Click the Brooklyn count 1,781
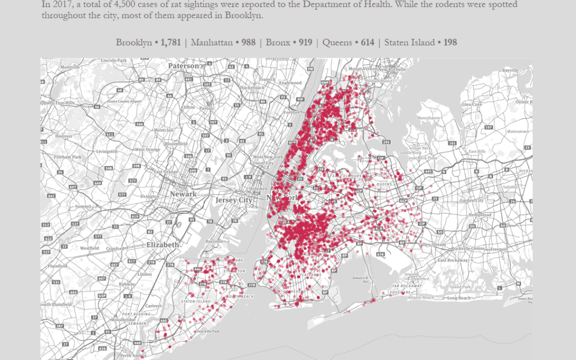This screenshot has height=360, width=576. click(171, 43)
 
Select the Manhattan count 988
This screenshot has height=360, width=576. click(249, 43)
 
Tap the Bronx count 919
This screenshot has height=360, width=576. click(305, 43)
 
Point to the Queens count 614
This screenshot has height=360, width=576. click(367, 43)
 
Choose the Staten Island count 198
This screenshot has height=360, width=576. click(449, 43)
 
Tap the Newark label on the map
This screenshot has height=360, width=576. click(183, 194)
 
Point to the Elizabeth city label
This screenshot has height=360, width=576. click(163, 244)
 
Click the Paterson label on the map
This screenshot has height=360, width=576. click(183, 66)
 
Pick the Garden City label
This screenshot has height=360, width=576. click(471, 201)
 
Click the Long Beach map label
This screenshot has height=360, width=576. click(459, 298)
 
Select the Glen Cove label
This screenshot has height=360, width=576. click(472, 105)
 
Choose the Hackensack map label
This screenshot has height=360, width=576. click(252, 87)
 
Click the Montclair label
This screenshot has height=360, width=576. click(163, 130)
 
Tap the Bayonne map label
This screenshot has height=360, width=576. click(214, 241)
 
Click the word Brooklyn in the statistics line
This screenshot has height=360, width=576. click(134, 43)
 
